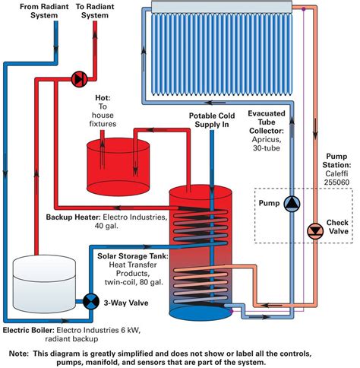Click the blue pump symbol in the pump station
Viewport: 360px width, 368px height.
coord(292,204)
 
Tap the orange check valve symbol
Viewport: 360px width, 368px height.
coord(315,231)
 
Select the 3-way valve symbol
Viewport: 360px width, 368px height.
coord(91,301)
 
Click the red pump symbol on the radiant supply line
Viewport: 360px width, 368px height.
coord(79,79)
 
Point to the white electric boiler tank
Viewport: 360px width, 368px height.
coord(44,284)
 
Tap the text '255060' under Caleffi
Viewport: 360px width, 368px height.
coord(336,182)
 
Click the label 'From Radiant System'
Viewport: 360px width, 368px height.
coord(44,11)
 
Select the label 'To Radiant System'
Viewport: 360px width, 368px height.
coord(95,11)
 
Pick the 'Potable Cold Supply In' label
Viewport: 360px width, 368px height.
coord(212,120)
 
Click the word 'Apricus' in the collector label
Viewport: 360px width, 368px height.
coord(266,139)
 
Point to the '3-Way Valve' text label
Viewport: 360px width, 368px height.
coord(126,303)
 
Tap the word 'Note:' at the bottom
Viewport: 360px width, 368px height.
coord(19,354)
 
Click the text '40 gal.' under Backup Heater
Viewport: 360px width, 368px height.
coord(106,226)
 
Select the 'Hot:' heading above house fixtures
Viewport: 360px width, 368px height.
coord(103,98)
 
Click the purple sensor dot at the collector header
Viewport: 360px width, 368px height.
coord(304,9)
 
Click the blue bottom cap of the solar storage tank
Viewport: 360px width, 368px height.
coord(201,312)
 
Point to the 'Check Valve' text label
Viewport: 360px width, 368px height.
coord(337,227)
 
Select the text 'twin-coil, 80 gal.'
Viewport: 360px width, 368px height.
coord(134,282)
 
